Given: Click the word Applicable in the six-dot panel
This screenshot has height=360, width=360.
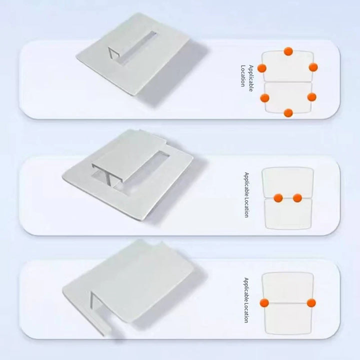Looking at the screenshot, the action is (250, 78).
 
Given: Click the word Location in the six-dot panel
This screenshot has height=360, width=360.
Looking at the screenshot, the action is (243, 76).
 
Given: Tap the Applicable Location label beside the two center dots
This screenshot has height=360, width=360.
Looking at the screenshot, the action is (246, 195).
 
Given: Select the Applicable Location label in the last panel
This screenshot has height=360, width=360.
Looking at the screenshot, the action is (246, 300).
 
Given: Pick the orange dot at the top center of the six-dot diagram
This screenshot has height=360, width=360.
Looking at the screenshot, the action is (288, 51).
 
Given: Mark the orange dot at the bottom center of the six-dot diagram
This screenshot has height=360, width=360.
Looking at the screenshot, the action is (288, 113).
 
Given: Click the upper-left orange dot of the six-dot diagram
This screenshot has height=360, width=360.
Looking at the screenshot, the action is (262, 68).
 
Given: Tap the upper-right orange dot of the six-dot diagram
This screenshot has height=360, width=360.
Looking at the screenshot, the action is (313, 67).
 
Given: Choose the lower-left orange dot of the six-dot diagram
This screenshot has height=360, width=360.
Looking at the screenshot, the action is (264, 98).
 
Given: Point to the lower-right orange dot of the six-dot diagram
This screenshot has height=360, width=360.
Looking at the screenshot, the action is (311, 97).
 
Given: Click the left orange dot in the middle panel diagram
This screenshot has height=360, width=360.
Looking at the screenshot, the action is (278, 198).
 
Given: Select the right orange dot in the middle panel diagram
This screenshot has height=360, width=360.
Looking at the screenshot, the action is (297, 198).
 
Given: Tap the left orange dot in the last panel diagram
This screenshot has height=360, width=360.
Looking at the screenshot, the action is (264, 303).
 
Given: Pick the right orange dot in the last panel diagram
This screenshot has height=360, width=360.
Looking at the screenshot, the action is (311, 303).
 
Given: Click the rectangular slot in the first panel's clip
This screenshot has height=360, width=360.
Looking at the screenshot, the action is (132, 47).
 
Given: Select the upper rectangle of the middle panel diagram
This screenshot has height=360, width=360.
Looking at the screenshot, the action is (287, 182).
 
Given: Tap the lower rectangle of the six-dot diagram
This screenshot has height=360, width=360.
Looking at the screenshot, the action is (288, 97).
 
